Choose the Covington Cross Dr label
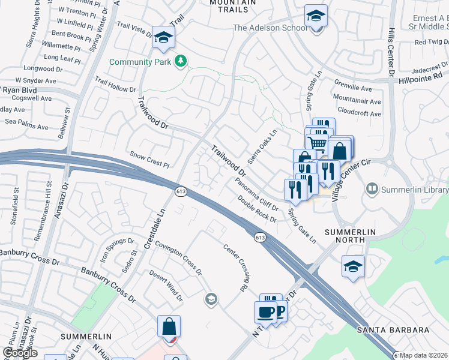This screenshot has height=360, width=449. [x=178, y=259]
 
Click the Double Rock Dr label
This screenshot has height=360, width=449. [x=256, y=209]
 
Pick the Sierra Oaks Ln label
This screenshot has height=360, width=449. [x=267, y=143]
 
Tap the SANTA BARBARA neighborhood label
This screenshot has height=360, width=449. [x=393, y=330]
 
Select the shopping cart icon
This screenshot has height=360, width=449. [x=316, y=142]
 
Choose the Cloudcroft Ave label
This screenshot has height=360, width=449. [x=359, y=113]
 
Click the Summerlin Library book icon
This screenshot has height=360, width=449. [x=372, y=190]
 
